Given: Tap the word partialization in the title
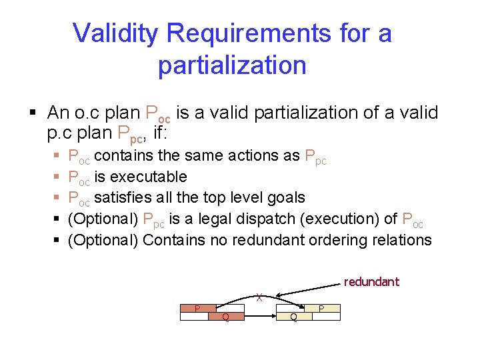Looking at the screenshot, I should click(232, 65).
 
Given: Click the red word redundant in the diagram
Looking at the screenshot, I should click(371, 281).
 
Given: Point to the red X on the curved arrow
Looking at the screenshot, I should click(259, 298).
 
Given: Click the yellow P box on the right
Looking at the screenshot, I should click(321, 308).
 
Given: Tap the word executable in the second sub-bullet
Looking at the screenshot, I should click(149, 177).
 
